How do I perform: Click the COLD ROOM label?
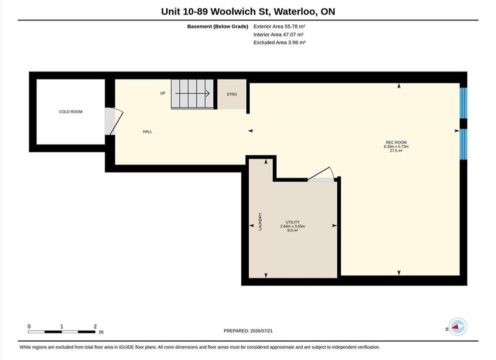pyautogui.click(x=70, y=112)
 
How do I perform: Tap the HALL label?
pyautogui.click(x=147, y=131)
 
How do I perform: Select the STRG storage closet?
pyautogui.click(x=232, y=94)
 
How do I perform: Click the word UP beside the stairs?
pyautogui.click(x=163, y=93)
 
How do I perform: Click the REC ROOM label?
pyautogui.click(x=396, y=142)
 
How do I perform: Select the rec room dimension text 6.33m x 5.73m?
pyautogui.click(x=396, y=146)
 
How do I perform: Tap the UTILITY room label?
pyautogui.click(x=292, y=222)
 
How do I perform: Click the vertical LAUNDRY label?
pyautogui.click(x=260, y=221)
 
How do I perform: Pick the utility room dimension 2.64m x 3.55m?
pyautogui.click(x=292, y=226)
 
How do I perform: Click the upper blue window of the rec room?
pyautogui.click(x=463, y=103)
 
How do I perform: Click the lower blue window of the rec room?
pyautogui.click(x=463, y=144)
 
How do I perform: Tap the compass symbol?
pyautogui.click(x=458, y=326)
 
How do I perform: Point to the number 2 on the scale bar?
pyautogui.click(x=95, y=326)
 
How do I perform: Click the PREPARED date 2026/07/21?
pyautogui.click(x=261, y=331)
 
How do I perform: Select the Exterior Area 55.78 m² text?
pyautogui.click(x=279, y=26)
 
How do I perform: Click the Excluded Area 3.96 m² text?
pyautogui.click(x=279, y=42)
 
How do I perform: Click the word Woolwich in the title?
pyautogui.click(x=233, y=11)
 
